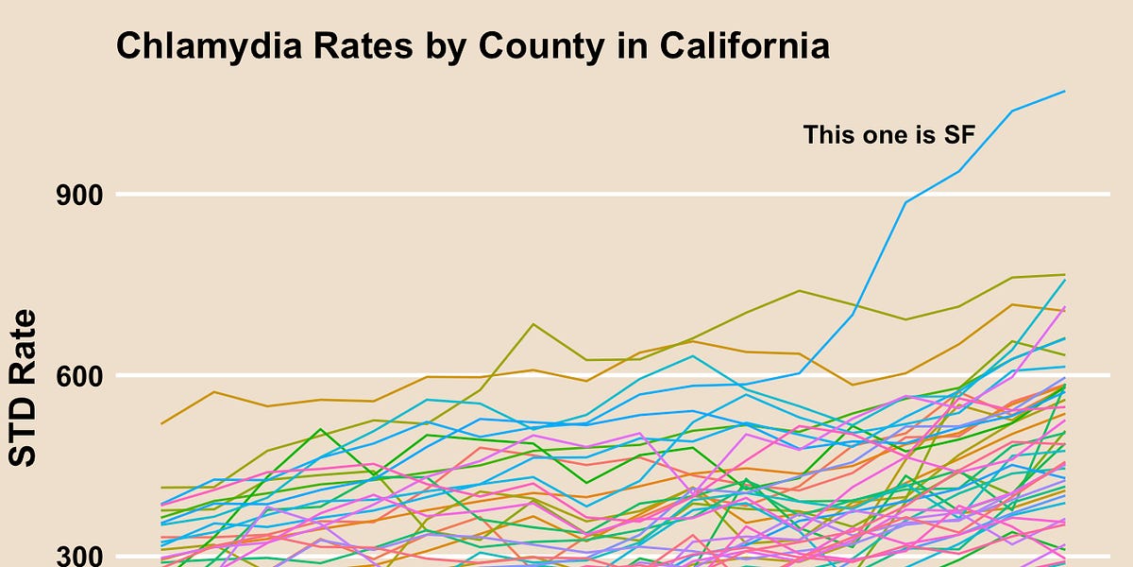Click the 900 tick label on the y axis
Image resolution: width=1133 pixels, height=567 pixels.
(x=76, y=196)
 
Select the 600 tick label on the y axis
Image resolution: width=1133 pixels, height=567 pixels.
(x=76, y=376)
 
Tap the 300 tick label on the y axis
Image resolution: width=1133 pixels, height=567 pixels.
(x=76, y=556)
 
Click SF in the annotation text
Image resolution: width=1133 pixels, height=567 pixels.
(x=957, y=135)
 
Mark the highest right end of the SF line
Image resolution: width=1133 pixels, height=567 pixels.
(x=1065, y=92)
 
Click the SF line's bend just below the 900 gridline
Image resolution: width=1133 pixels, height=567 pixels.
(x=906, y=201)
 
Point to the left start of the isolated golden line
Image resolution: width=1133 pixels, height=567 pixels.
(x=161, y=423)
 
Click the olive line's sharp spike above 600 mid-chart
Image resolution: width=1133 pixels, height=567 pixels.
(x=534, y=324)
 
